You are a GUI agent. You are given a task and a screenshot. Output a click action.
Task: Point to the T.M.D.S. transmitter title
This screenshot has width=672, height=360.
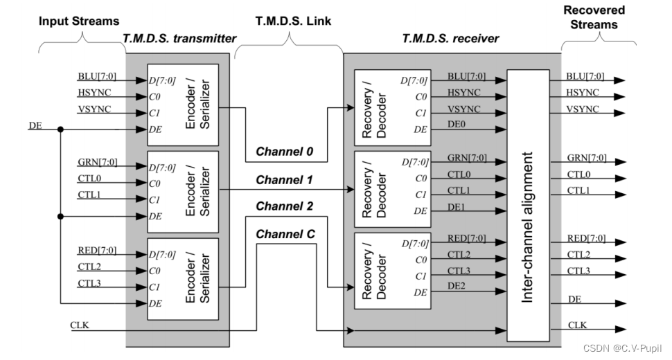tap(179, 38)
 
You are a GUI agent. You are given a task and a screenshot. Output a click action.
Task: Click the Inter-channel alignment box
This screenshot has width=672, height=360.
tap(528, 205)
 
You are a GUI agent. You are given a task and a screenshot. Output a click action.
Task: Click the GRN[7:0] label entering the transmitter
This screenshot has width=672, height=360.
tap(98, 163)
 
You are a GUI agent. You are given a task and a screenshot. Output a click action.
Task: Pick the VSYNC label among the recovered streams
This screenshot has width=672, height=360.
tap(582, 109)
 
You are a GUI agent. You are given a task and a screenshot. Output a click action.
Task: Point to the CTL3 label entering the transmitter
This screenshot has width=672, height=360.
tap(89, 282)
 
